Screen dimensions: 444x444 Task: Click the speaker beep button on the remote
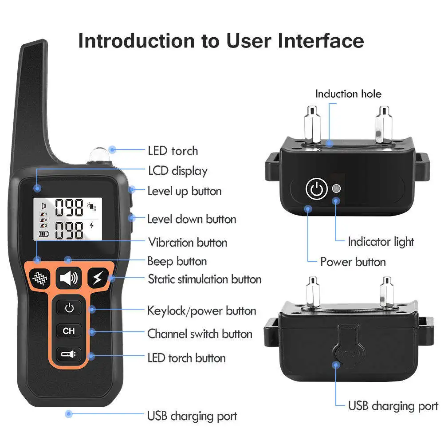(x=69, y=278)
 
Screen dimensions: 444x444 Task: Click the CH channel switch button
(x=69, y=331)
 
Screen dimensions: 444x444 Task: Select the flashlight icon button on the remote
(x=69, y=354)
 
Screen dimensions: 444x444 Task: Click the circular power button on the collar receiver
(x=316, y=189)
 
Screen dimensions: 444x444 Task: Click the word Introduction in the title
(x=136, y=41)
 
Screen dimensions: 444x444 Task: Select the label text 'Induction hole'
(x=348, y=94)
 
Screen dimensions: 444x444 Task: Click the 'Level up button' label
(x=184, y=191)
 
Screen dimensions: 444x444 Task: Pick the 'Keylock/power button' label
(x=201, y=310)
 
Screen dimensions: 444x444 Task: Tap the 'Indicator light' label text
(x=381, y=242)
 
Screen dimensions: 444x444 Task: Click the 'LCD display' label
(x=177, y=171)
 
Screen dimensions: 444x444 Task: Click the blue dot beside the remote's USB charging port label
(x=68, y=414)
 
